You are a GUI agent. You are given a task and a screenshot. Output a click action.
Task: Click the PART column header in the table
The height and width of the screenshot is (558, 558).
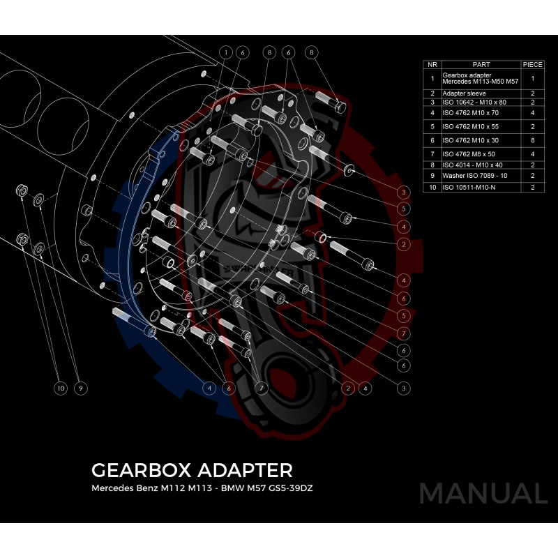481,64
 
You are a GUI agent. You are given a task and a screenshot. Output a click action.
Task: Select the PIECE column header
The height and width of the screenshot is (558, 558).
532,64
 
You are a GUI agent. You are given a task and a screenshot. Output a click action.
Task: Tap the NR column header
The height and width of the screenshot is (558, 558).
432,64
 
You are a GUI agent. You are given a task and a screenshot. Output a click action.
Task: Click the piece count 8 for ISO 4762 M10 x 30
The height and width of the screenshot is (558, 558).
532,140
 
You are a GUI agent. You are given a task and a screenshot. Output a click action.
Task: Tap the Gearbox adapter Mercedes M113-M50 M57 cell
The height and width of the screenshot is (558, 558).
480,79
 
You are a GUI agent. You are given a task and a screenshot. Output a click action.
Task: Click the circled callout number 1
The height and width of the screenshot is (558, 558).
226,52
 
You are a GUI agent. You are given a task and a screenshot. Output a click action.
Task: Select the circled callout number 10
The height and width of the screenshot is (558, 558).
61,387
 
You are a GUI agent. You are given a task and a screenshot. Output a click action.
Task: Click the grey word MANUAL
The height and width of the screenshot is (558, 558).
483,493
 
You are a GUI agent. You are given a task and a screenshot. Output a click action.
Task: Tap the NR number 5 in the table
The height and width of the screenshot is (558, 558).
432,127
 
